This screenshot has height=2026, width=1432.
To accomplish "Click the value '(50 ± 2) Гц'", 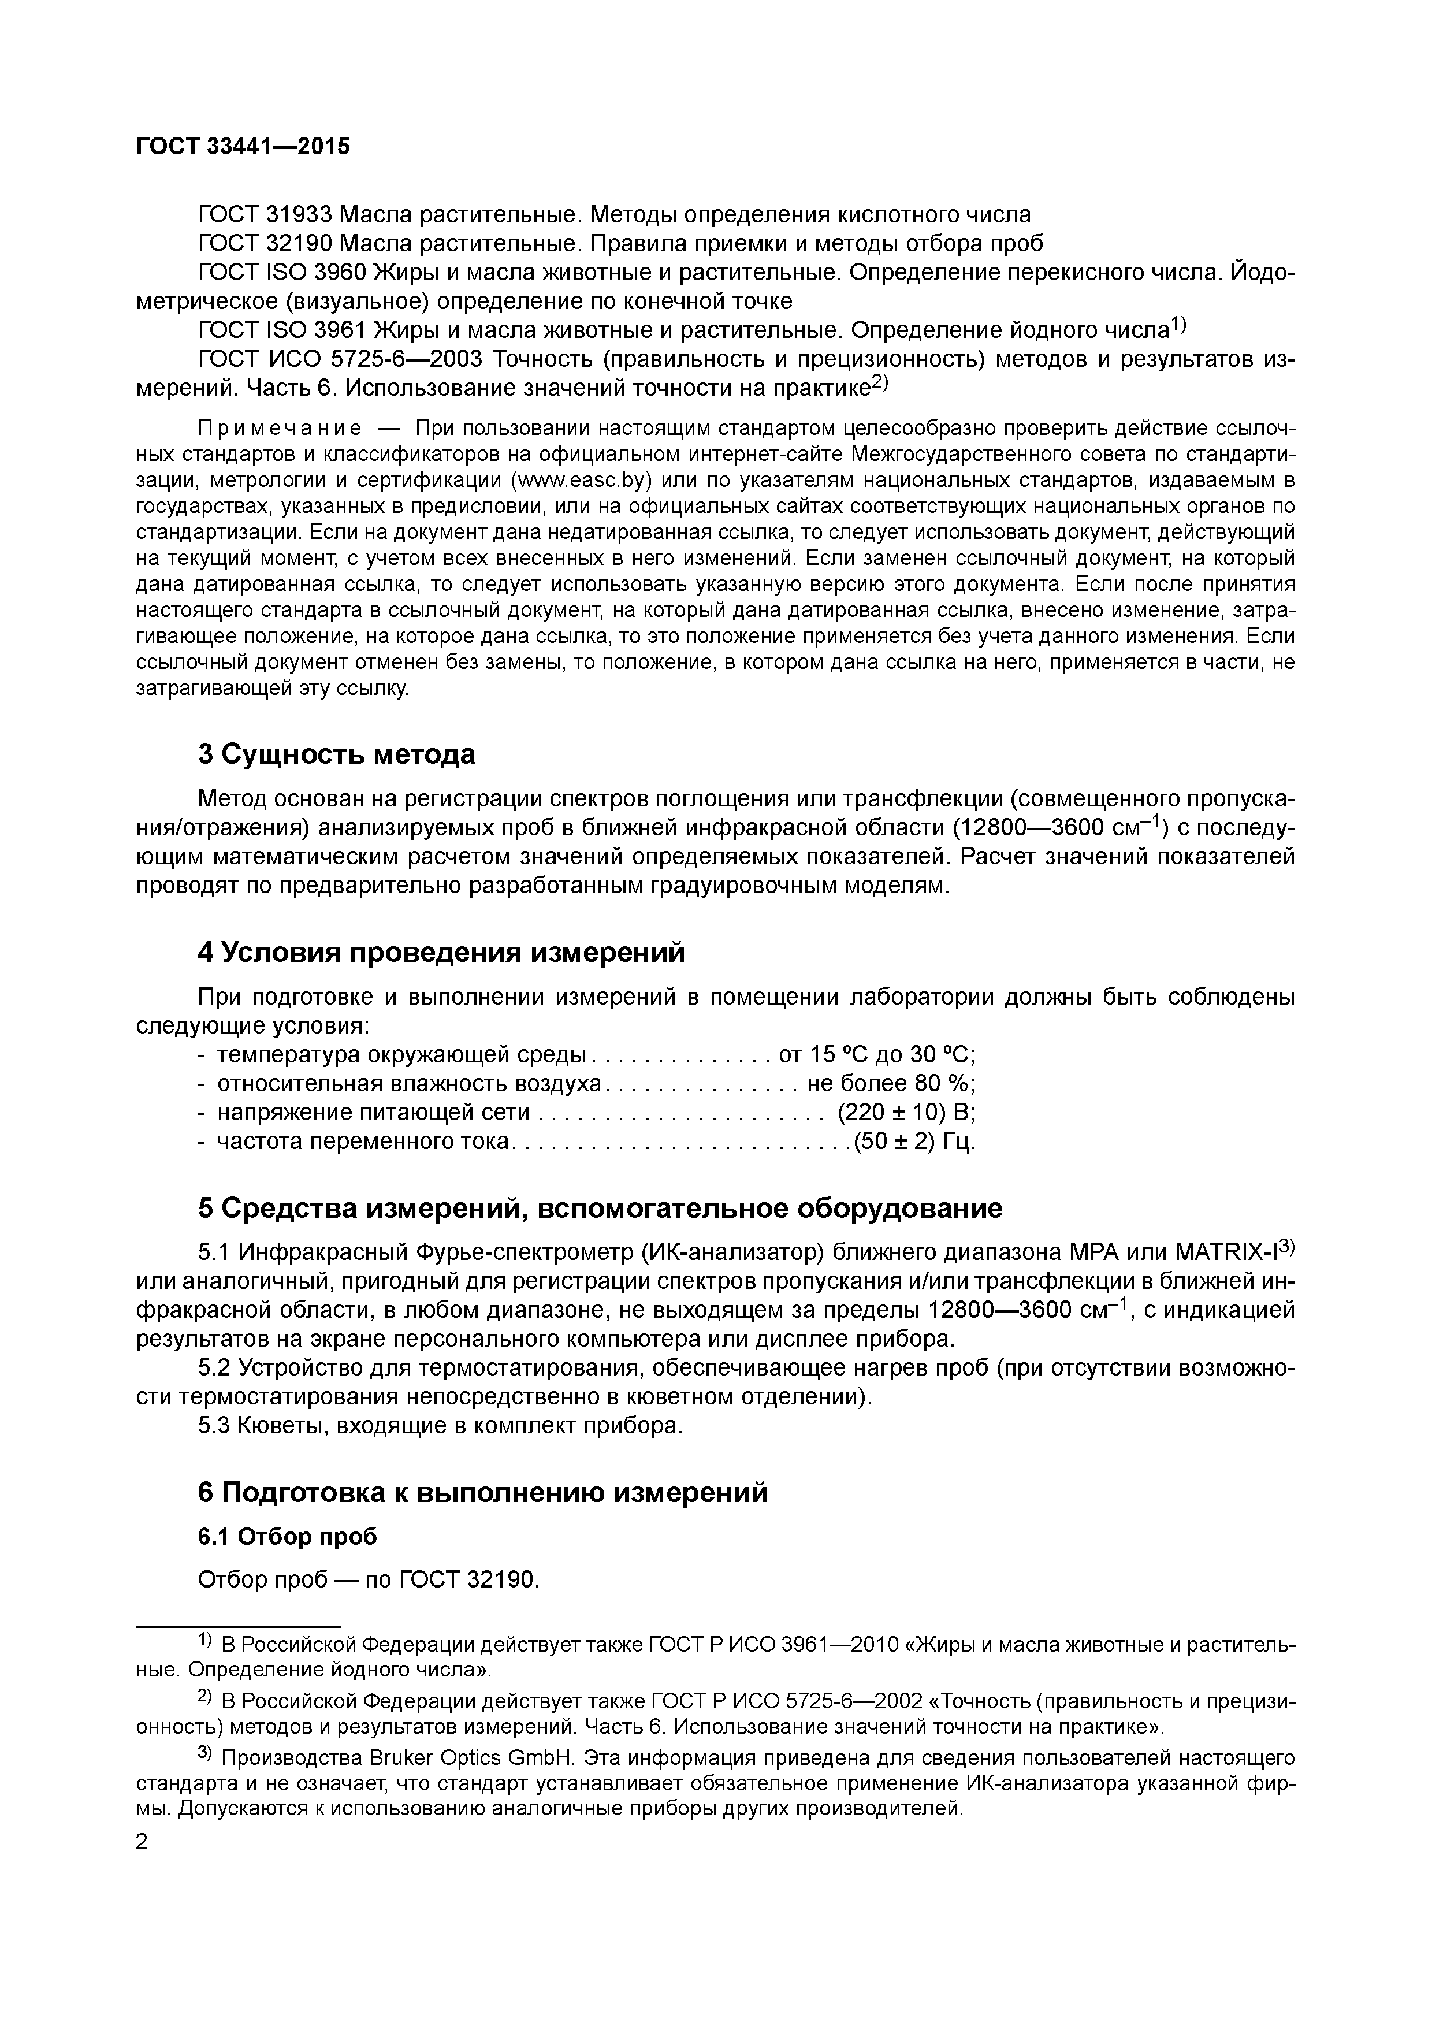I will (914, 1142).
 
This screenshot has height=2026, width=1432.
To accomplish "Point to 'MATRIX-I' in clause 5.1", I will (1226, 1253).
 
